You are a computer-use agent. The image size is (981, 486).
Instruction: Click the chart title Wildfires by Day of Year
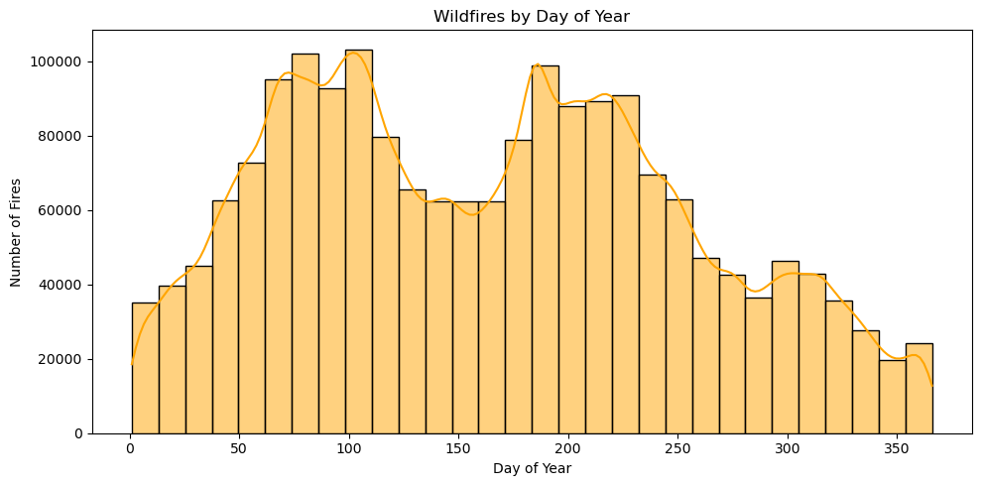click(532, 16)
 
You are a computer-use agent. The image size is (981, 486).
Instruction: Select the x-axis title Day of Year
click(532, 469)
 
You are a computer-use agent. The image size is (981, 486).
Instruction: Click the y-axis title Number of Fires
click(16, 231)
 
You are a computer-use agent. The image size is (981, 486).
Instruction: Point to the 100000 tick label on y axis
click(58, 61)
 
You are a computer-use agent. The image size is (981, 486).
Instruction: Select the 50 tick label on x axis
click(239, 449)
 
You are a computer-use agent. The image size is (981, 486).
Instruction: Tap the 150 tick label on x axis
click(458, 449)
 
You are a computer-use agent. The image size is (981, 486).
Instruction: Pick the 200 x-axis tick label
click(567, 449)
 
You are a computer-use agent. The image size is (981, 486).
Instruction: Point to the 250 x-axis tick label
click(677, 449)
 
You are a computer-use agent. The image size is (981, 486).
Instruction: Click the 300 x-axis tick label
click(787, 449)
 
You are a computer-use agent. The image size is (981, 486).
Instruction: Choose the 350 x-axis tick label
click(897, 449)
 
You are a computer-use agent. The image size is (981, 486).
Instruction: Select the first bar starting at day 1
click(145, 368)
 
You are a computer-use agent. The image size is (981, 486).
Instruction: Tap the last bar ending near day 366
click(919, 388)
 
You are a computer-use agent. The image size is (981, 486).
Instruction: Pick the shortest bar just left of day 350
click(892, 397)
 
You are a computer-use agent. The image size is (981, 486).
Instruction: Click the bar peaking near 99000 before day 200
click(545, 249)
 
